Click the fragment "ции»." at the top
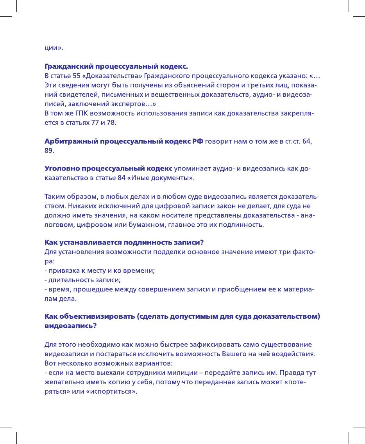52,48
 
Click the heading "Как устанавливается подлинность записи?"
125,242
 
